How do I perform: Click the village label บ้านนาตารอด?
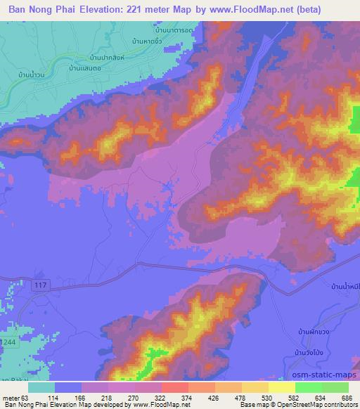(174, 32)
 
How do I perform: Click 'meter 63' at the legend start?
(18, 397)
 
